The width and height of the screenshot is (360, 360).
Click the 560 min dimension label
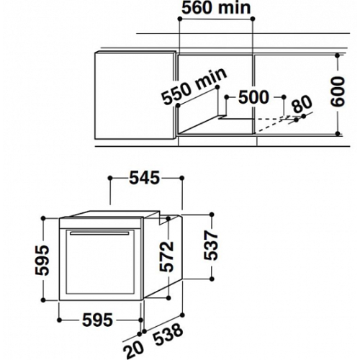(216, 8)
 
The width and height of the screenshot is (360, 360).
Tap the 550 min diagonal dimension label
(194, 86)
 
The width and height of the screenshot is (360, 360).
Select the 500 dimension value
(253, 97)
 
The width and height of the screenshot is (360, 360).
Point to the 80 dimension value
(302, 104)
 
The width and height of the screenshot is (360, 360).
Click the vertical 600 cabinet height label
(338, 91)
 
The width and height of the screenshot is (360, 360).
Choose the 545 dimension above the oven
(145, 178)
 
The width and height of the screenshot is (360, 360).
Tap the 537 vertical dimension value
(210, 246)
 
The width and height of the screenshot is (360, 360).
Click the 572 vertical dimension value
(166, 256)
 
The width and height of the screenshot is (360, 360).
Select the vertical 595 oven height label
(42, 260)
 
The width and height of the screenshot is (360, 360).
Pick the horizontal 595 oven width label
(97, 320)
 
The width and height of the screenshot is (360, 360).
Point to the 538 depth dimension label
(168, 335)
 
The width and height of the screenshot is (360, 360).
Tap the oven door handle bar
(99, 233)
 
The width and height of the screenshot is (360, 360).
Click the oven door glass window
(100, 262)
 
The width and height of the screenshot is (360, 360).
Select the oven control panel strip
(102, 223)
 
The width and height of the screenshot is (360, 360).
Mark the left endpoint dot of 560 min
(179, 19)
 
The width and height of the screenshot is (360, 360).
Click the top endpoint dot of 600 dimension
(338, 55)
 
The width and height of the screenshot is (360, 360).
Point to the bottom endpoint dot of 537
(212, 279)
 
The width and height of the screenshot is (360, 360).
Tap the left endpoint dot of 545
(110, 178)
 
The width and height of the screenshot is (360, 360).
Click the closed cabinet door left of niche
(135, 95)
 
